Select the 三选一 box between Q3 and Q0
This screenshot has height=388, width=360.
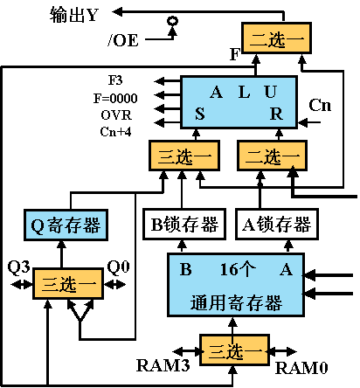click(66, 285)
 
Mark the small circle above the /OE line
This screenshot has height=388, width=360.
click(173, 20)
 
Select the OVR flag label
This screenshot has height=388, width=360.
click(116, 114)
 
